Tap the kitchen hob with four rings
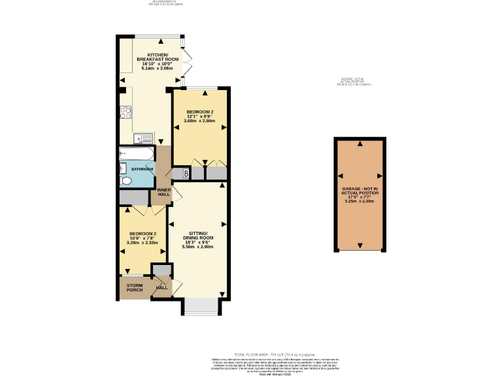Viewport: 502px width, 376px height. click(x=125, y=112)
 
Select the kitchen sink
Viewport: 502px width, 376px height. click(x=142, y=138)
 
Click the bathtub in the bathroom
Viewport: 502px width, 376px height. click(x=137, y=154)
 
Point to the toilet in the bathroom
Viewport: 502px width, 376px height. click(x=125, y=180)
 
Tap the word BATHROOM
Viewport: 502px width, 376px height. click(x=142, y=169)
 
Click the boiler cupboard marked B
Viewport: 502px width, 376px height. click(x=186, y=174)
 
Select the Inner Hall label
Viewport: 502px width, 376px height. click(x=163, y=193)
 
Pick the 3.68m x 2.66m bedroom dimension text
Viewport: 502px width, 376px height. click(x=199, y=121)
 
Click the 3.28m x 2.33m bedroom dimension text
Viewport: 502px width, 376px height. click(x=142, y=243)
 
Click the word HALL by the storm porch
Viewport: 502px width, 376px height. click(x=161, y=287)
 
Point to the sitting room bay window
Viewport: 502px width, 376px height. click(x=200, y=306)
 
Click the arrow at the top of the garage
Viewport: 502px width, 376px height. click(x=360, y=143)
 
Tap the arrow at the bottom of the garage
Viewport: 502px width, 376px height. click(x=360, y=245)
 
